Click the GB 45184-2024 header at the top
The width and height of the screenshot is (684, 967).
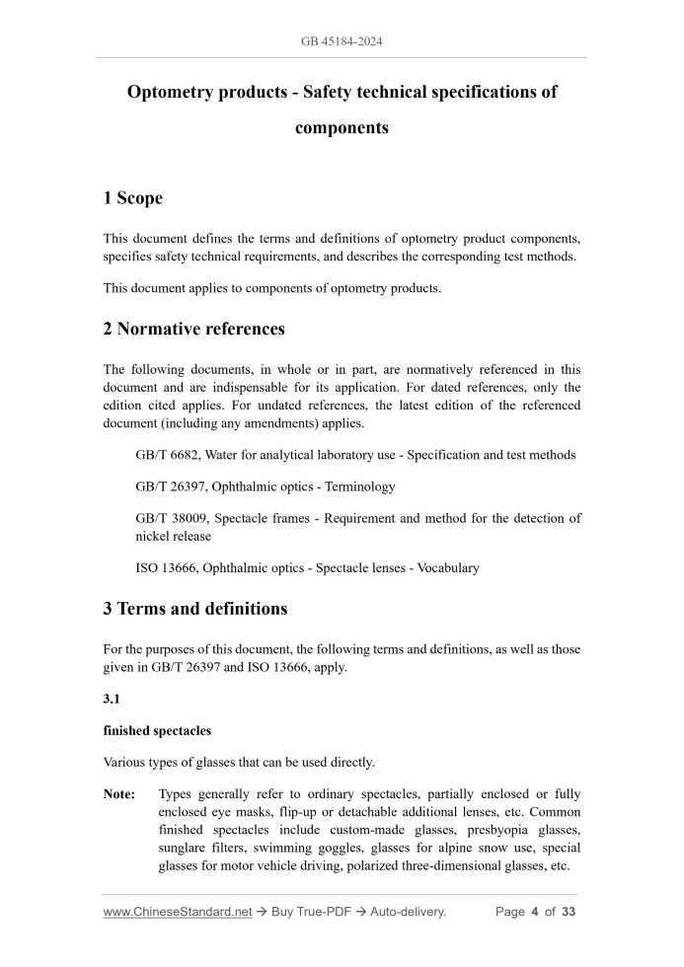coord(342,41)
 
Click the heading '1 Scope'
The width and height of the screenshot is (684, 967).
coord(132,198)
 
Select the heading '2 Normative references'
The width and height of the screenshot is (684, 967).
coord(193,330)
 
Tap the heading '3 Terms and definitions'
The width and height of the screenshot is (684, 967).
coord(194,609)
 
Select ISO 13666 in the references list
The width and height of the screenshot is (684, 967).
coord(165,568)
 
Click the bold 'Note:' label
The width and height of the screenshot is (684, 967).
coord(120,794)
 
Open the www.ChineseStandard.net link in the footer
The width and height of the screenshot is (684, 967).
coord(178,913)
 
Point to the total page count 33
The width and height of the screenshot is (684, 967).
coord(568,913)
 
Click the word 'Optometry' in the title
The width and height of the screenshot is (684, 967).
coord(172,93)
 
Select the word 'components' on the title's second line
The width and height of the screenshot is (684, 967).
coord(342,128)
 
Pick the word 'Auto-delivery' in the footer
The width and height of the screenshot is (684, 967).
coord(408,913)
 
